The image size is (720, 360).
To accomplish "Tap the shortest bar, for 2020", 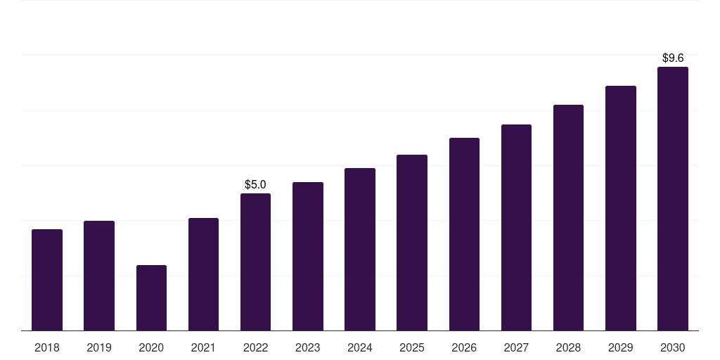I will click(151, 298).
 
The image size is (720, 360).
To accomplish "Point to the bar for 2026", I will click(464, 234).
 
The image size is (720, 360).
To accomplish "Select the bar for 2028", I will click(568, 217).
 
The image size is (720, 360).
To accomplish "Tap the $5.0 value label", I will click(255, 185).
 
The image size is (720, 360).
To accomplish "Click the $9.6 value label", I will click(673, 58).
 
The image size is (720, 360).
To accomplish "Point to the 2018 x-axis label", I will click(47, 347).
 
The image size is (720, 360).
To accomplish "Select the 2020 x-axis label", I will click(151, 347).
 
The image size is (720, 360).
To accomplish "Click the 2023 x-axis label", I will click(308, 347).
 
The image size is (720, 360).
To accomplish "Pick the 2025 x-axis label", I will click(412, 347).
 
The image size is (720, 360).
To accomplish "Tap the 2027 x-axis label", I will click(516, 347).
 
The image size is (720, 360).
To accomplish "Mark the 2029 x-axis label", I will click(621, 347).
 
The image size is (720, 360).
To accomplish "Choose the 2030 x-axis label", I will click(673, 347).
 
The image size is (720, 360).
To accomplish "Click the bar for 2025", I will click(412, 243).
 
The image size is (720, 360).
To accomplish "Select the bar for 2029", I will click(621, 208).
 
